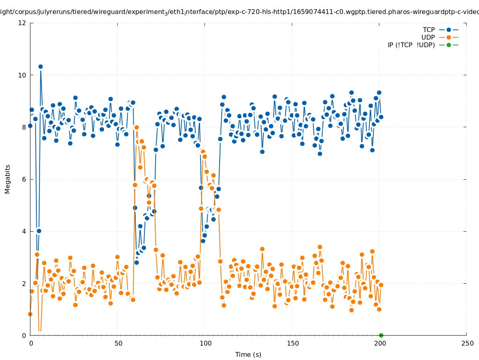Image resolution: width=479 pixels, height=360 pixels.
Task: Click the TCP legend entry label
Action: click(429, 30)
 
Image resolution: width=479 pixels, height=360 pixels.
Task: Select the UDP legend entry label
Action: click(428, 37)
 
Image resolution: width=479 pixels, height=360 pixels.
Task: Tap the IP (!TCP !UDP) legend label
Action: click(411, 45)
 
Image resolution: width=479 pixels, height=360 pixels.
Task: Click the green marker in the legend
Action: click(449, 45)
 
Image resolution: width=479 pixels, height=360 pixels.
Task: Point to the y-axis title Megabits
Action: click(8, 179)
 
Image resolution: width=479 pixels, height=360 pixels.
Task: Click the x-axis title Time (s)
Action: click(248, 354)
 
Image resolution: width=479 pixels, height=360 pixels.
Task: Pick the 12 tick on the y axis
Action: click(22, 23)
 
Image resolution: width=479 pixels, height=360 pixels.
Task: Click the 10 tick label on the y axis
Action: click(22, 75)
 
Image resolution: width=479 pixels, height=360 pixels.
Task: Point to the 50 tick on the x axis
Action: click(118, 343)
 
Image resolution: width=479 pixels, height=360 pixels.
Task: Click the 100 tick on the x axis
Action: click(205, 343)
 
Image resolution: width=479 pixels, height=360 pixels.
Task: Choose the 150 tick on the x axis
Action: click(292, 343)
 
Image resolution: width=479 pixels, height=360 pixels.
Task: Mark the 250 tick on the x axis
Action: click(467, 343)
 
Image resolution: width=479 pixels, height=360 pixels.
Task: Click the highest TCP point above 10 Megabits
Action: click(40, 67)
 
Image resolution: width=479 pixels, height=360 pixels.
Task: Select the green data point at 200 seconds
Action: click(381, 335)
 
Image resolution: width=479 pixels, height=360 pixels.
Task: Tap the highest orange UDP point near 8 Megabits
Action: click(136, 127)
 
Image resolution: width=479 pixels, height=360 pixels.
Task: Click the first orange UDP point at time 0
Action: click(30, 314)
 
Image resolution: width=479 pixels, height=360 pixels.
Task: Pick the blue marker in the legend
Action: click(449, 30)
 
